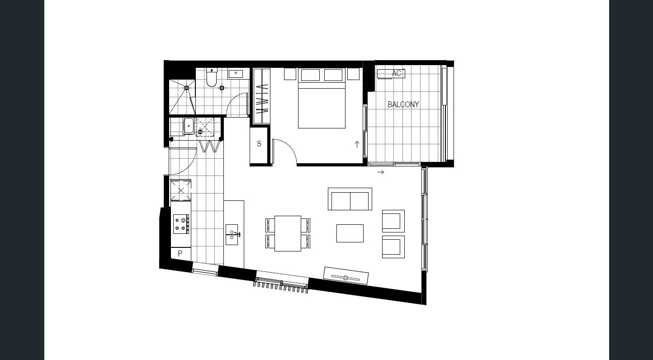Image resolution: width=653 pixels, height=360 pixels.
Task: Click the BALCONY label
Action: click(x=403, y=104)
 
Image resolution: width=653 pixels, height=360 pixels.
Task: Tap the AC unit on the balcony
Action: click(x=391, y=73)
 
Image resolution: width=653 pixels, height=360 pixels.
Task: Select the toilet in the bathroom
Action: click(x=212, y=77)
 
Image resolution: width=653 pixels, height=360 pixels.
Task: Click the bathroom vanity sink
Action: click(x=236, y=74)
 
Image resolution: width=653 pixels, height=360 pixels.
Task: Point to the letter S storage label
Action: click(x=259, y=144)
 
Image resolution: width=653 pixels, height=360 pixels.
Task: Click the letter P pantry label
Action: click(x=180, y=253)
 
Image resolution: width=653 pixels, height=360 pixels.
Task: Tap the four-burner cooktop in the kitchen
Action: click(x=181, y=224)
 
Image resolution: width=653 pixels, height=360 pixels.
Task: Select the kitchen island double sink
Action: click(x=232, y=235)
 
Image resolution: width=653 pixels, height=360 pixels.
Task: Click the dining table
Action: click(x=288, y=233)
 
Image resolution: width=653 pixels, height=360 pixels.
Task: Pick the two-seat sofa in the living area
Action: click(x=350, y=199)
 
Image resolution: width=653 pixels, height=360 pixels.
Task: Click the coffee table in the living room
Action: click(x=350, y=233)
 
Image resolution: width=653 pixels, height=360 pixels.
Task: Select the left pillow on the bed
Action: click(x=310, y=75)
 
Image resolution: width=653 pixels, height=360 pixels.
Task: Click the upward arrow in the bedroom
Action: click(x=357, y=144)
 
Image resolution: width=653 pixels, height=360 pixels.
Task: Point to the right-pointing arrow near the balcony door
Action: click(x=381, y=172)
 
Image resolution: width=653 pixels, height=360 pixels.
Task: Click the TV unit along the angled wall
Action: click(x=346, y=276)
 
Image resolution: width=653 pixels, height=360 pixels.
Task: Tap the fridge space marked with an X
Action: click(x=181, y=190)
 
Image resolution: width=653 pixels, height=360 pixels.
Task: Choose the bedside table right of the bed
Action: click(x=353, y=74)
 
